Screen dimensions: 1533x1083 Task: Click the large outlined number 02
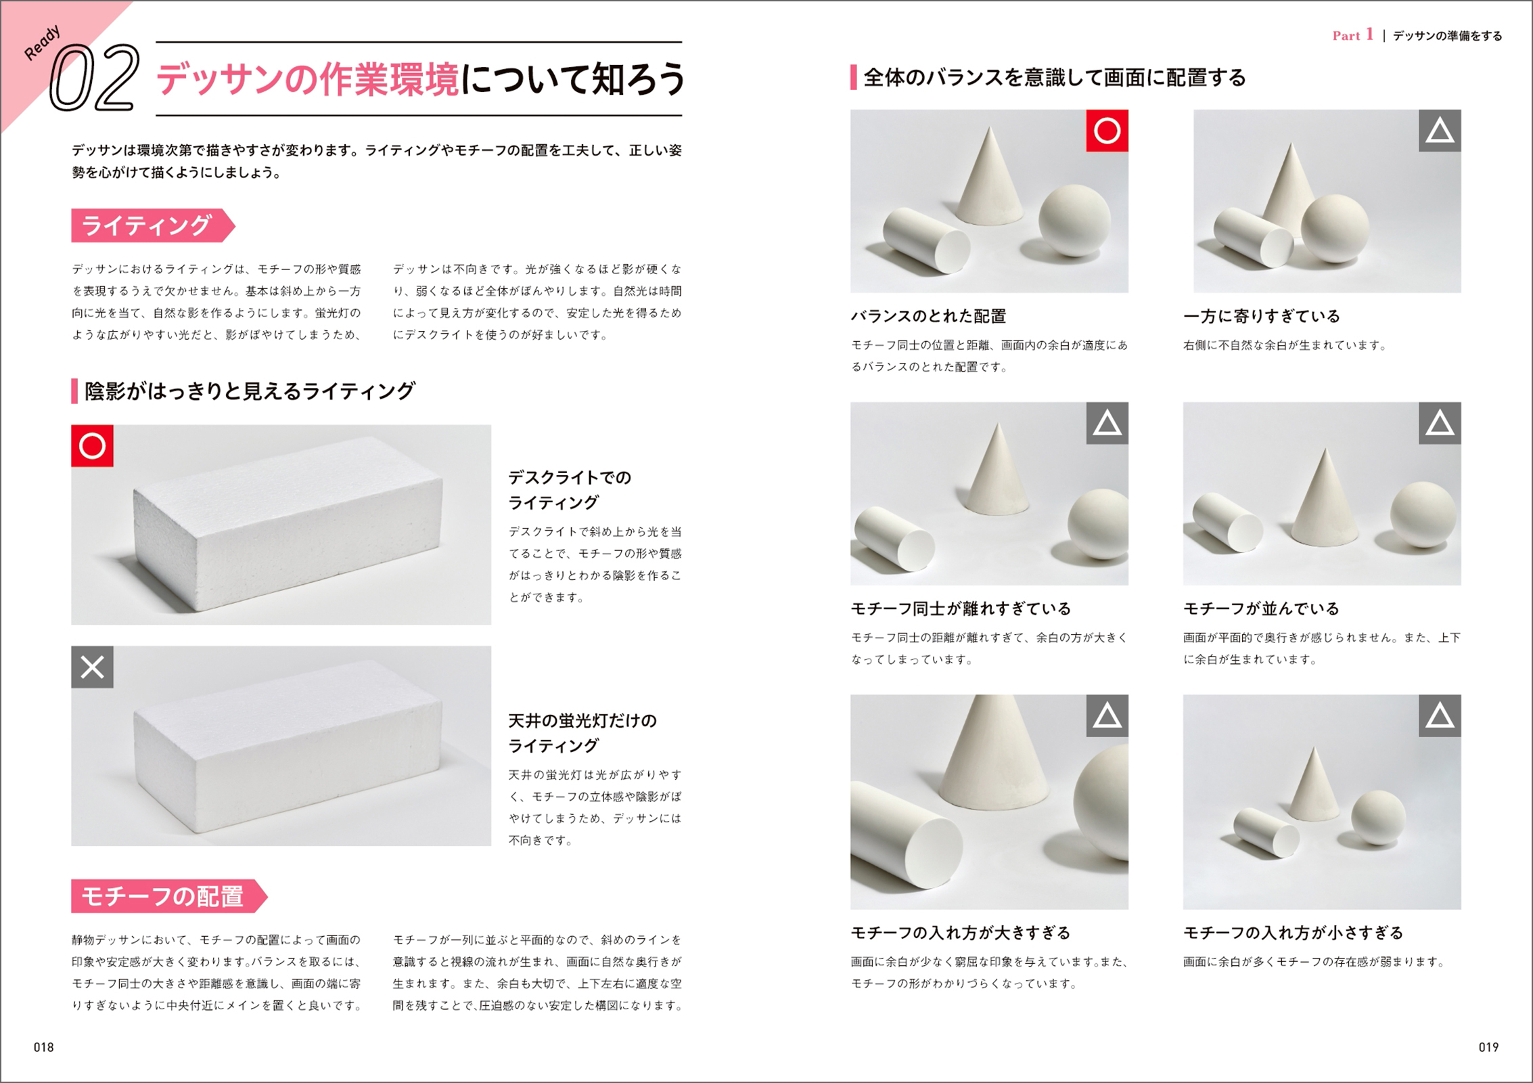95,78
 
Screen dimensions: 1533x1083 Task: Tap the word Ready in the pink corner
42,43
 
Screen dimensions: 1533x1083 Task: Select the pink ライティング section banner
153,225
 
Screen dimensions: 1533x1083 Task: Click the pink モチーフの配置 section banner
169,896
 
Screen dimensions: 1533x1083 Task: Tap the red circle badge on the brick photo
92,446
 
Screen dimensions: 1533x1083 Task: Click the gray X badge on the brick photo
92,667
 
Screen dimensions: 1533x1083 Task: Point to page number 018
43,1047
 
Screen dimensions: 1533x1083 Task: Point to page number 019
1488,1047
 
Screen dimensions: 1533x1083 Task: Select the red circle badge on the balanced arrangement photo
1107,131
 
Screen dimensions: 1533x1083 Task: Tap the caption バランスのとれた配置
928,316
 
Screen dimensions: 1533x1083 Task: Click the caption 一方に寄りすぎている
1261,316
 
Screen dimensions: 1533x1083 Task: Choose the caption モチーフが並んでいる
1261,609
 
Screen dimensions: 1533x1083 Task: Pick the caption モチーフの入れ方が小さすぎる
1293,933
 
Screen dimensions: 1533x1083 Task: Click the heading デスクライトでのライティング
570,490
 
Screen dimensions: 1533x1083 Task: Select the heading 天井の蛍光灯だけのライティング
582,733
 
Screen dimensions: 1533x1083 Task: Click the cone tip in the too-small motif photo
1314,748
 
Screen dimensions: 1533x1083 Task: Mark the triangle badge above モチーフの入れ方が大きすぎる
1107,715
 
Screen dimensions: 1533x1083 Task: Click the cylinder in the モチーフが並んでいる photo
1226,523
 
